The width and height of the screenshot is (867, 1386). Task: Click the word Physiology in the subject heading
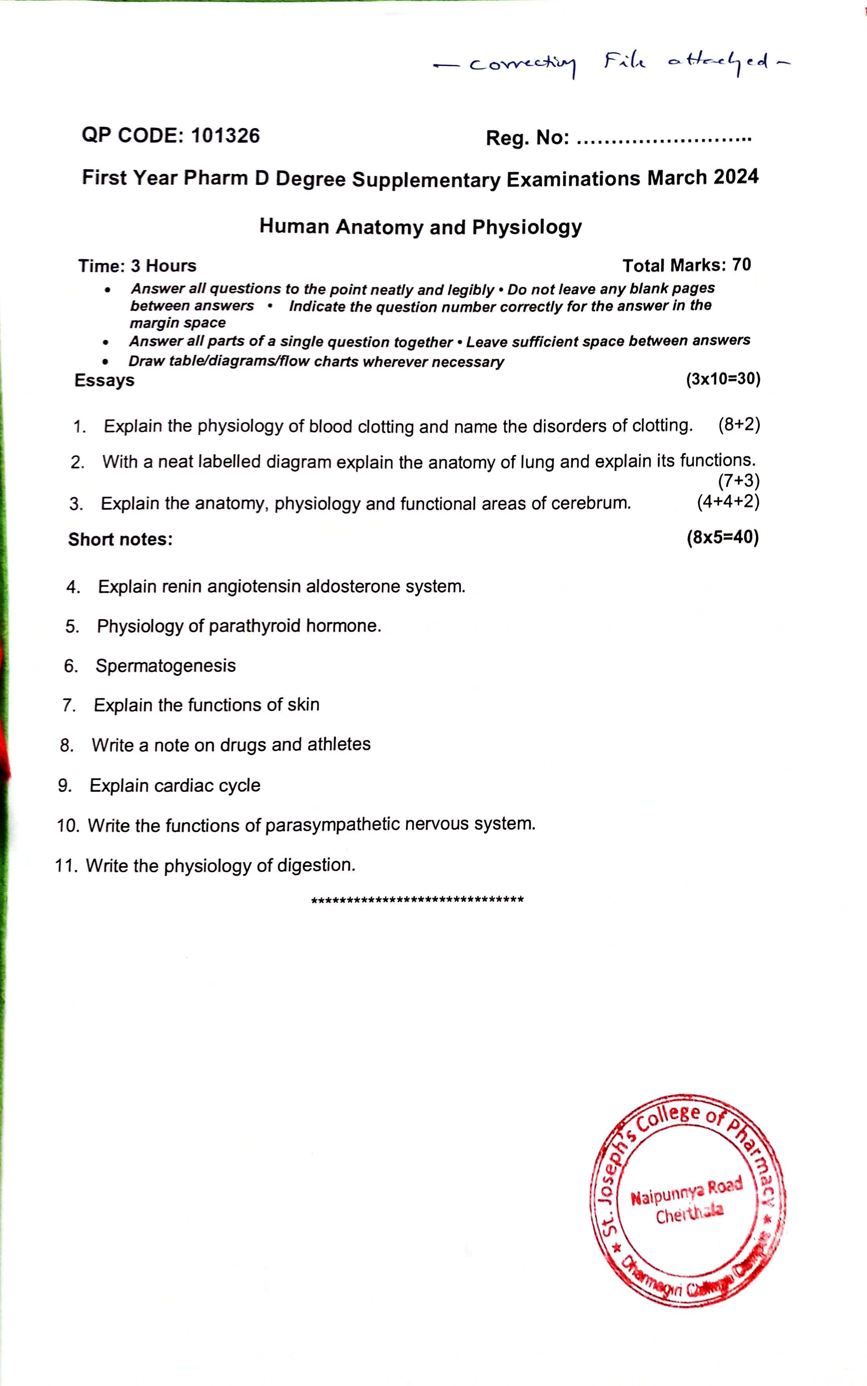[526, 227]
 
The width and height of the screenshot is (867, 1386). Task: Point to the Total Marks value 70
[741, 264]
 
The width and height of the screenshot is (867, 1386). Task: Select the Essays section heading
[104, 380]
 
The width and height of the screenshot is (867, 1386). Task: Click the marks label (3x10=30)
[723, 379]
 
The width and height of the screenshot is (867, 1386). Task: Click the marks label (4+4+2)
[728, 501]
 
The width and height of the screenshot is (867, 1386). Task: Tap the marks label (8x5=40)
[722, 537]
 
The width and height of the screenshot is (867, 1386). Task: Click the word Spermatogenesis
[166, 666]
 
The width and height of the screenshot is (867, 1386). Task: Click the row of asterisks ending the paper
[417, 900]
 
